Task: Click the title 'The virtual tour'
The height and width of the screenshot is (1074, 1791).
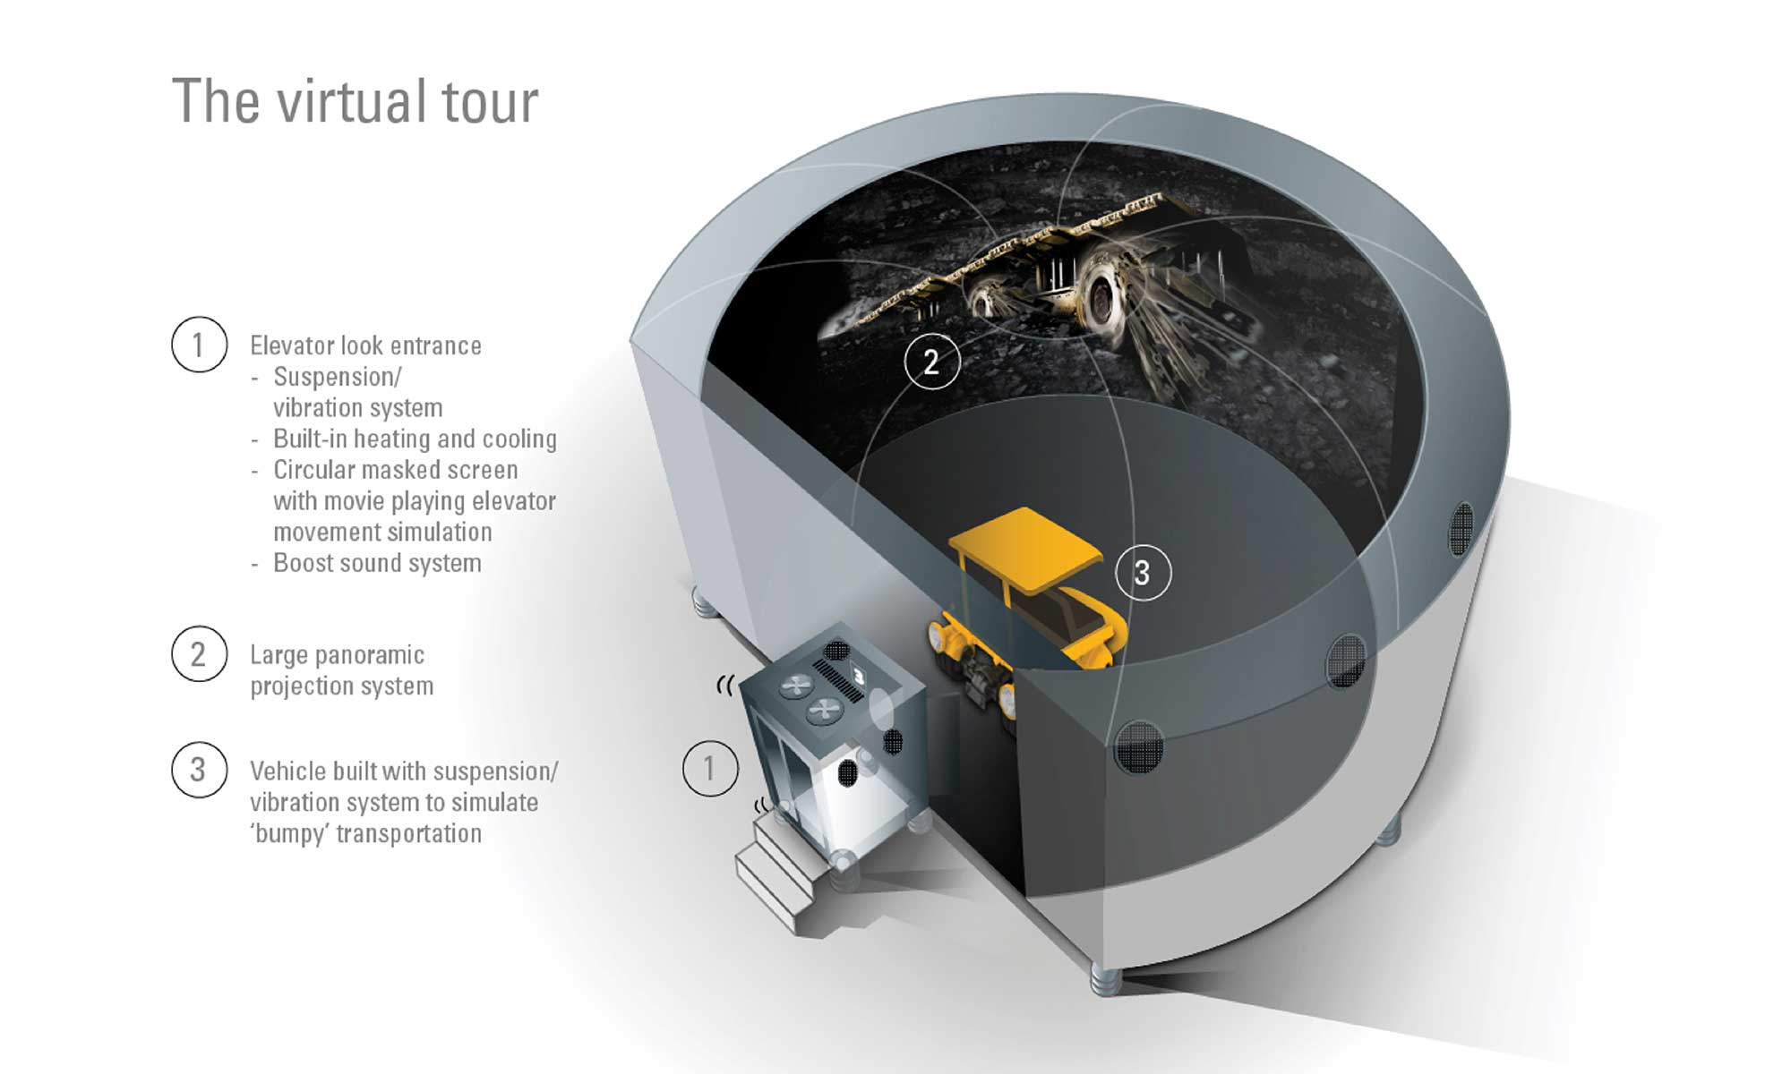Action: [355, 100]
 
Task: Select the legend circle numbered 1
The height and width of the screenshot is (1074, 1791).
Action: [199, 345]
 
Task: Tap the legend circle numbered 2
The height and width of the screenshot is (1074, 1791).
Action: [199, 654]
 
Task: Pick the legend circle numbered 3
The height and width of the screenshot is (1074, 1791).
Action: [199, 770]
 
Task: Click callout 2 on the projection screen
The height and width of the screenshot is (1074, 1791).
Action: [931, 362]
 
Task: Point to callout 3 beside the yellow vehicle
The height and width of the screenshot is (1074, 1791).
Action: [1143, 573]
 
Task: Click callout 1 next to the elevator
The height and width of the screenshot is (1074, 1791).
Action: [710, 768]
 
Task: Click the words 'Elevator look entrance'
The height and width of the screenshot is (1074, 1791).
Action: [365, 345]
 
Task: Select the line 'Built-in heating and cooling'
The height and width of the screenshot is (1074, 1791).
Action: [415, 439]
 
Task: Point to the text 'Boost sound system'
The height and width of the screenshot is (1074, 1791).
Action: [377, 563]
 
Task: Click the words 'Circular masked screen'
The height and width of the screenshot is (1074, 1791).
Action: [396, 470]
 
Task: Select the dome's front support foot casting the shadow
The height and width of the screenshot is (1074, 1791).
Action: [1106, 979]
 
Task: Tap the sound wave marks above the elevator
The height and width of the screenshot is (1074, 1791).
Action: [725, 686]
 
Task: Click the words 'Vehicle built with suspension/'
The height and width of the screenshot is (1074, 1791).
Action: [404, 771]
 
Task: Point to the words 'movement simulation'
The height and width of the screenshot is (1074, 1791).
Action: [382, 533]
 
